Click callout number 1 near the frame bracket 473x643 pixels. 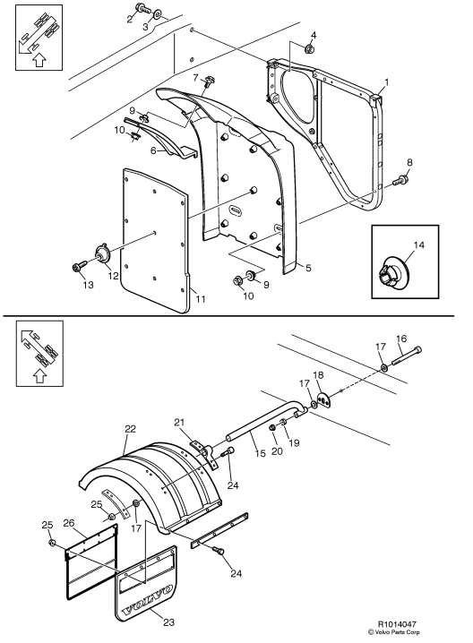[386, 81]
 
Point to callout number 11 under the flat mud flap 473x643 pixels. [200, 298]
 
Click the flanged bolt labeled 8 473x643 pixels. [400, 180]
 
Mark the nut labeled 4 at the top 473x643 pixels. [308, 49]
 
